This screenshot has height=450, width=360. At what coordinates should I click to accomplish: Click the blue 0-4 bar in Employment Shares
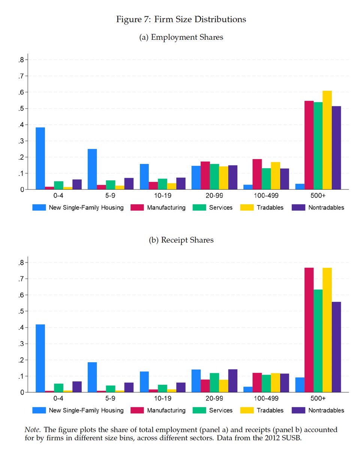[40, 159]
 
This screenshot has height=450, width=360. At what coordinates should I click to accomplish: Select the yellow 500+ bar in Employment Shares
[327, 140]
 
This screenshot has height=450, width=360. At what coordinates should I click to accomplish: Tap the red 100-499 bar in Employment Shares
[257, 174]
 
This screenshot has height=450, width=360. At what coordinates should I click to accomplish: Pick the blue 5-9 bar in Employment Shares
[92, 169]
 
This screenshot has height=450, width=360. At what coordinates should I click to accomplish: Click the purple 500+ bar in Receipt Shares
[336, 347]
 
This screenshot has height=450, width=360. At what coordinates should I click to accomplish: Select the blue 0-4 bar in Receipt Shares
[40, 358]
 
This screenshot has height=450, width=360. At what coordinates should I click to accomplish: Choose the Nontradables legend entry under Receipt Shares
[326, 410]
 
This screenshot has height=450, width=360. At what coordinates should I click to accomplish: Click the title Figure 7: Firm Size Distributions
[181, 19]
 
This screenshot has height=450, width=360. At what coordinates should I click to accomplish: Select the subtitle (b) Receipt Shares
[181, 240]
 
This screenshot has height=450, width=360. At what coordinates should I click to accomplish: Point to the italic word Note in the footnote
[31, 429]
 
